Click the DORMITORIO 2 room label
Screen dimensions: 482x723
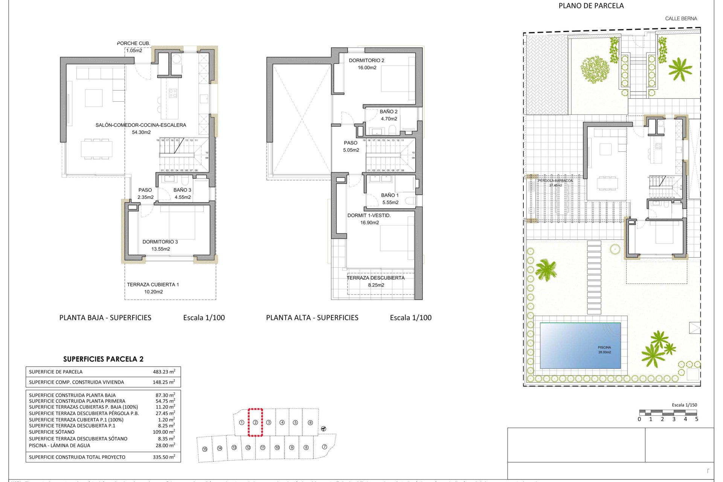pyautogui.click(x=366, y=60)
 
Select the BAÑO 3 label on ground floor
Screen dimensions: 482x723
pyautogui.click(x=182, y=190)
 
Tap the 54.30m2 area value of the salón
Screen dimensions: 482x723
pyautogui.click(x=141, y=132)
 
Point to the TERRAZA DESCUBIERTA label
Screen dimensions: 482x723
pyautogui.click(x=375, y=278)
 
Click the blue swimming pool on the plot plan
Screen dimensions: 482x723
pyautogui.click(x=580, y=345)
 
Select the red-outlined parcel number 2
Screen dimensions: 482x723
pyautogui.click(x=255, y=423)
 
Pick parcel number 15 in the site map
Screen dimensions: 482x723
pyautogui.click(x=205, y=449)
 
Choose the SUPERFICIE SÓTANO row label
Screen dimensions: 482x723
pyautogui.click(x=52, y=432)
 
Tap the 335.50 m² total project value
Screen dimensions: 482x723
pyautogui.click(x=164, y=457)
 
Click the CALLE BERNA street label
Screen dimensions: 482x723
pyautogui.click(x=681, y=18)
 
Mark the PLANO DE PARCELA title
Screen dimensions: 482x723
pyautogui.click(x=591, y=6)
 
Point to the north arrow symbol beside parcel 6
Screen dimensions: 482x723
pyautogui.click(x=323, y=429)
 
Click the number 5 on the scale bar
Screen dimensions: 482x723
pyautogui.click(x=697, y=419)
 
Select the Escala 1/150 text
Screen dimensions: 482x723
pyautogui.click(x=684, y=405)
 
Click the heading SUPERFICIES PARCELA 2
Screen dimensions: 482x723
pyautogui.click(x=103, y=359)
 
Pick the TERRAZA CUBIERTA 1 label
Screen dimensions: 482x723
pyautogui.click(x=153, y=285)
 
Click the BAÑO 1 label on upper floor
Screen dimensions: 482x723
pyautogui.click(x=389, y=195)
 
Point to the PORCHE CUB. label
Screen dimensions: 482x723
pyautogui.click(x=133, y=43)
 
